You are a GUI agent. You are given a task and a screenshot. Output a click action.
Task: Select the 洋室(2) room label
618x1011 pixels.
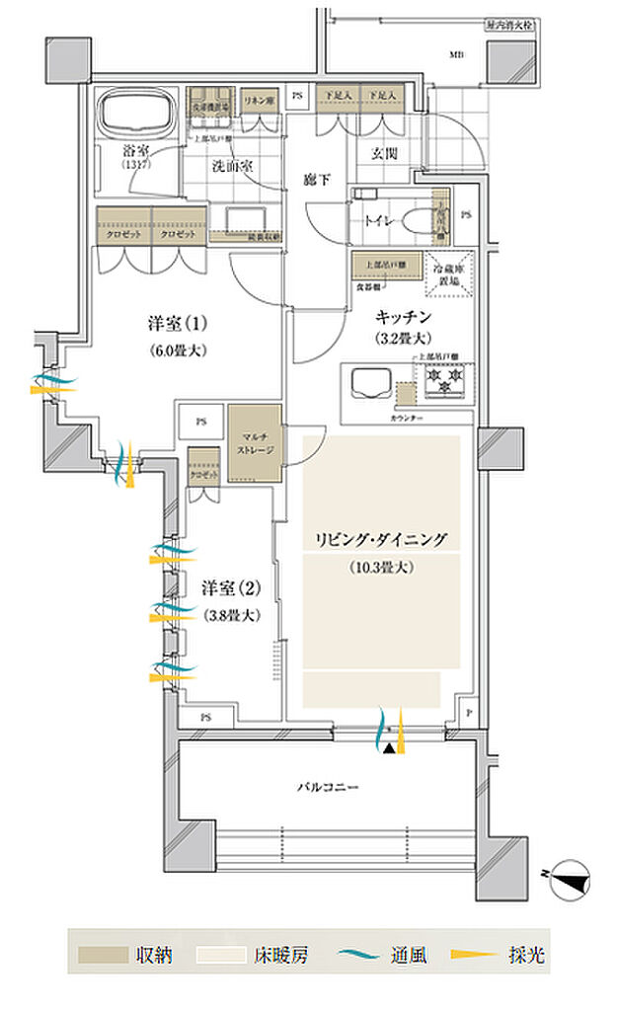click(x=231, y=588)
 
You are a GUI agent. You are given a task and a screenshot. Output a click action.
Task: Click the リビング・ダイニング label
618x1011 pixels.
click(x=381, y=539)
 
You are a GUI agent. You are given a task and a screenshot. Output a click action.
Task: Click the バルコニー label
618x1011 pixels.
click(x=326, y=788)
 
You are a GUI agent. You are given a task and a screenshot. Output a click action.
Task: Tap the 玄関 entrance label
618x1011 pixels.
click(x=385, y=153)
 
